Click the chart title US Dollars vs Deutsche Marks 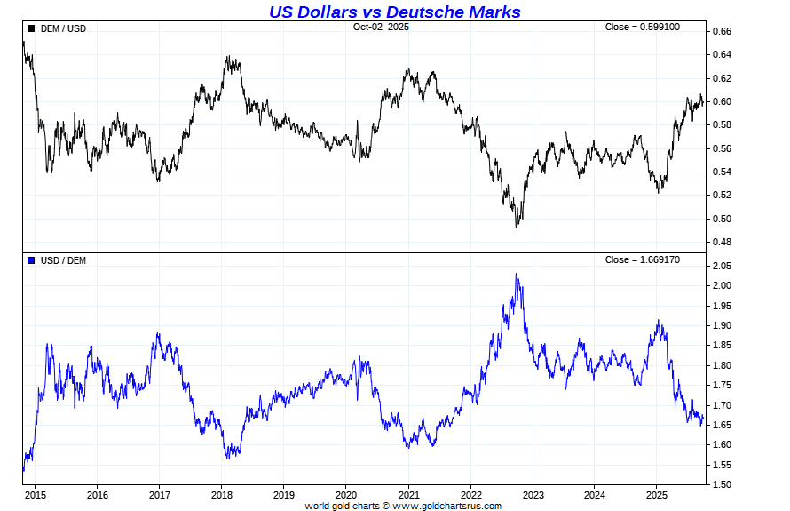coord(394,12)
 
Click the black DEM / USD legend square coord(31,28)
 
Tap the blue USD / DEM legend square coord(31,259)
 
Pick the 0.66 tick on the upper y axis coord(722,31)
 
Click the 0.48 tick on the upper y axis coord(722,242)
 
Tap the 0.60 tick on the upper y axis coord(722,101)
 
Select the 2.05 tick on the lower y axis coord(722,266)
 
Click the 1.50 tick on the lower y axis coord(722,484)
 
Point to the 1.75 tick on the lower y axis coord(722,385)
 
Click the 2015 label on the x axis coord(36,494)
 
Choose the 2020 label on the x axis coord(346,494)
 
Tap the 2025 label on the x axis coord(657,494)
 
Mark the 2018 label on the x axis coord(222,494)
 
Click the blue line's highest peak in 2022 coord(517,275)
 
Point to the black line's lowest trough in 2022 coord(517,227)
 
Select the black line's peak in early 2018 coord(228,58)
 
